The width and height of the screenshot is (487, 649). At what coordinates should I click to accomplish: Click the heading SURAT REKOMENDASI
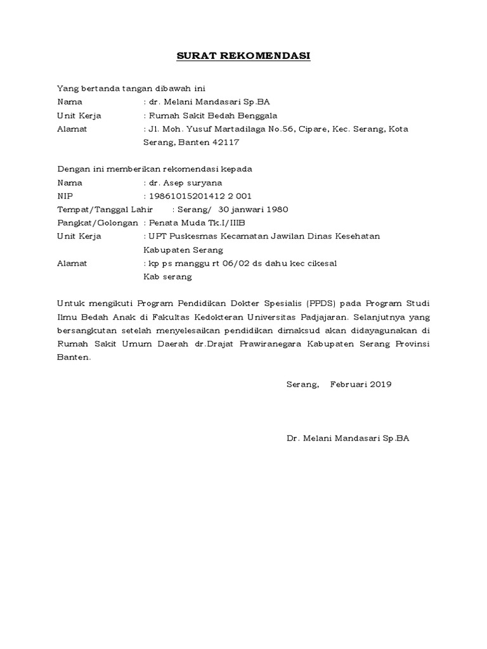click(243, 56)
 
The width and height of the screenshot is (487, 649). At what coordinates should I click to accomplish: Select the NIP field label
click(65, 196)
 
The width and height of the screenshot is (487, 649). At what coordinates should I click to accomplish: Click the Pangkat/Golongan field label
click(98, 222)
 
